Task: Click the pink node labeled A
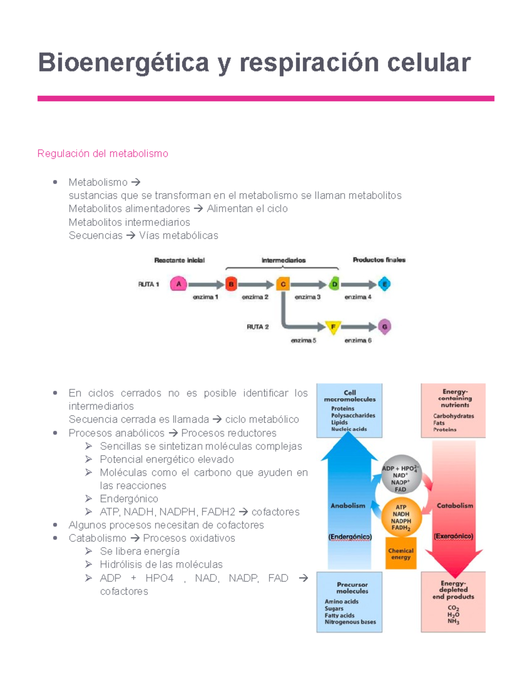point(178,284)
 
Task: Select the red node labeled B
point(231,284)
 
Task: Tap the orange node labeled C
point(283,284)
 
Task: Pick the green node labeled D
point(335,284)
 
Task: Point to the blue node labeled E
point(384,284)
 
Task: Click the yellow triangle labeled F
point(333,327)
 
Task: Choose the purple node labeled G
point(384,327)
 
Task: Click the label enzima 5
point(303,340)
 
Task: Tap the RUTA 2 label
point(258,327)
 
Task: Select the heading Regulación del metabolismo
point(103,153)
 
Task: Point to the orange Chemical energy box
point(401,554)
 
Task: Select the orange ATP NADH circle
point(401,517)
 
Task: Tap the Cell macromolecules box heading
point(349,396)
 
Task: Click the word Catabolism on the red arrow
point(455,505)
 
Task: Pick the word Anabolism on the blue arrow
point(348,505)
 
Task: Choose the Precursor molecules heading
point(352,587)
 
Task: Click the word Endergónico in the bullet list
point(129,498)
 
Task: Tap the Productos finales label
point(379,260)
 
